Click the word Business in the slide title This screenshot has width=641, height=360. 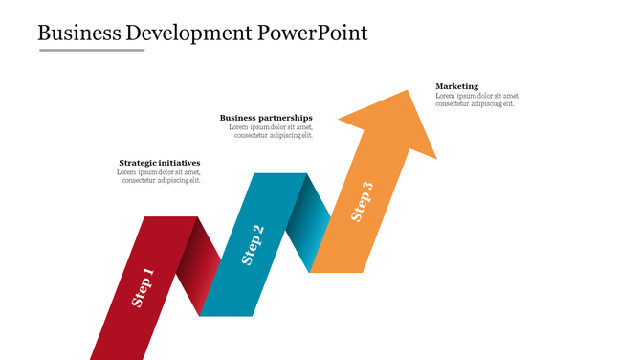pyautogui.click(x=78, y=33)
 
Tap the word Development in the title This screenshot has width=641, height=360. pyautogui.click(x=189, y=33)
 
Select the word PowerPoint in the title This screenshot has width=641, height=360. pyautogui.click(x=313, y=33)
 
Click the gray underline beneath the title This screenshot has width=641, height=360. pyautogui.click(x=92, y=50)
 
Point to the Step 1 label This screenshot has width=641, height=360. pyautogui.click(x=143, y=287)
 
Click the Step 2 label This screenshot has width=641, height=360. pyautogui.click(x=253, y=244)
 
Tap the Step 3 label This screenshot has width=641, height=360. pyautogui.click(x=362, y=202)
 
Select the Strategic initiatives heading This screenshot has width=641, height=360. pyautogui.click(x=160, y=163)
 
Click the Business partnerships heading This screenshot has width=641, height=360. pyautogui.click(x=266, y=118)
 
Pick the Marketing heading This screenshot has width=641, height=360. pyautogui.click(x=457, y=86)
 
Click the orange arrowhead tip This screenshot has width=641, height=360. pyautogui.click(x=408, y=94)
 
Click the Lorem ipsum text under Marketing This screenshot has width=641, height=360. pyautogui.click(x=477, y=100)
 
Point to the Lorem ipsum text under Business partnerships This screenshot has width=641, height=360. pyautogui.click(x=271, y=131)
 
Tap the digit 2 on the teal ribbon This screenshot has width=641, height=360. pyautogui.click(x=258, y=231)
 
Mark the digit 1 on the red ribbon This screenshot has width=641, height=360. pyautogui.click(x=148, y=274)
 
